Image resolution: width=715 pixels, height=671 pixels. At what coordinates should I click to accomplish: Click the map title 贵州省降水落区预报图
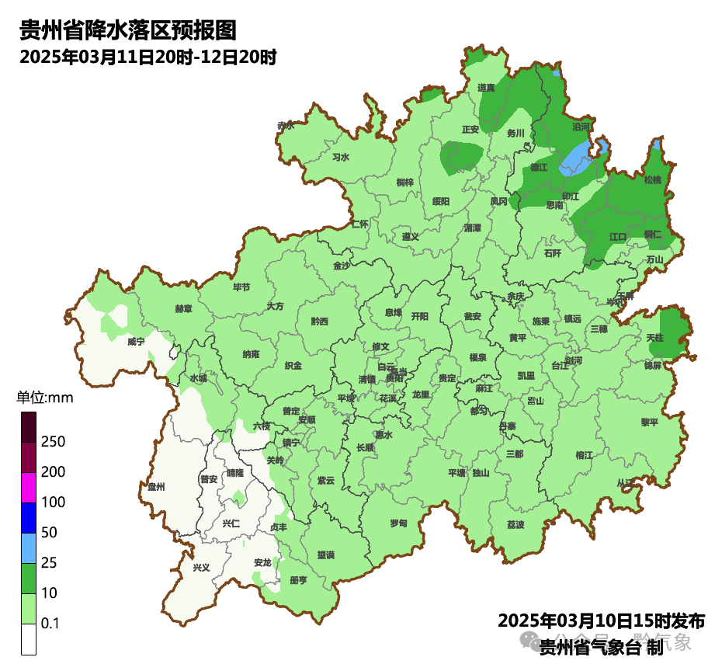pyautogui.click(x=127, y=30)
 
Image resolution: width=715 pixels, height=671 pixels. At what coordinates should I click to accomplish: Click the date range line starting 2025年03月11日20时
pyautogui.click(x=148, y=57)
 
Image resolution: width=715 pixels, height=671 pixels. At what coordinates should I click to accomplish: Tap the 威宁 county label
pyautogui.click(x=137, y=342)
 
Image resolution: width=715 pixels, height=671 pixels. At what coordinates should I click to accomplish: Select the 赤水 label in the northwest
pyautogui.click(x=286, y=125)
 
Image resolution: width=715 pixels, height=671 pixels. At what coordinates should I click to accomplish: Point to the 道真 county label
pyautogui.click(x=487, y=88)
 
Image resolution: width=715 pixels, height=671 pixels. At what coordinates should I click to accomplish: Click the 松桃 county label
pyautogui.click(x=653, y=180)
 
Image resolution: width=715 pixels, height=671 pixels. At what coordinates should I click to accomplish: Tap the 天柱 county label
pyautogui.click(x=654, y=338)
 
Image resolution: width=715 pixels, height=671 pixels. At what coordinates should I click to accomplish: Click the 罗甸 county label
pyautogui.click(x=398, y=523)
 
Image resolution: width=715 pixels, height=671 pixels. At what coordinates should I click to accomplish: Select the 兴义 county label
pyautogui.click(x=201, y=568)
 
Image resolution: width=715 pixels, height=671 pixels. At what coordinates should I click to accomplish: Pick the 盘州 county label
pyautogui.click(x=156, y=487)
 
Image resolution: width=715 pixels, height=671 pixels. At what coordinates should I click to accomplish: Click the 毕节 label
pyautogui.click(x=241, y=287)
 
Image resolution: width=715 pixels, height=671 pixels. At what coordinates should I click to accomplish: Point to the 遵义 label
pyautogui.click(x=411, y=237)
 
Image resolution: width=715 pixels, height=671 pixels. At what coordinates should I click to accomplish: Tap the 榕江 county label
pyautogui.click(x=585, y=455)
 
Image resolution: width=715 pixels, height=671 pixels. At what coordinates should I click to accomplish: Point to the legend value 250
pyautogui.click(x=53, y=442)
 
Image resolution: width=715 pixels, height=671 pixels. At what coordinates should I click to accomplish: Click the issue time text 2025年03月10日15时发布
pyautogui.click(x=601, y=621)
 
